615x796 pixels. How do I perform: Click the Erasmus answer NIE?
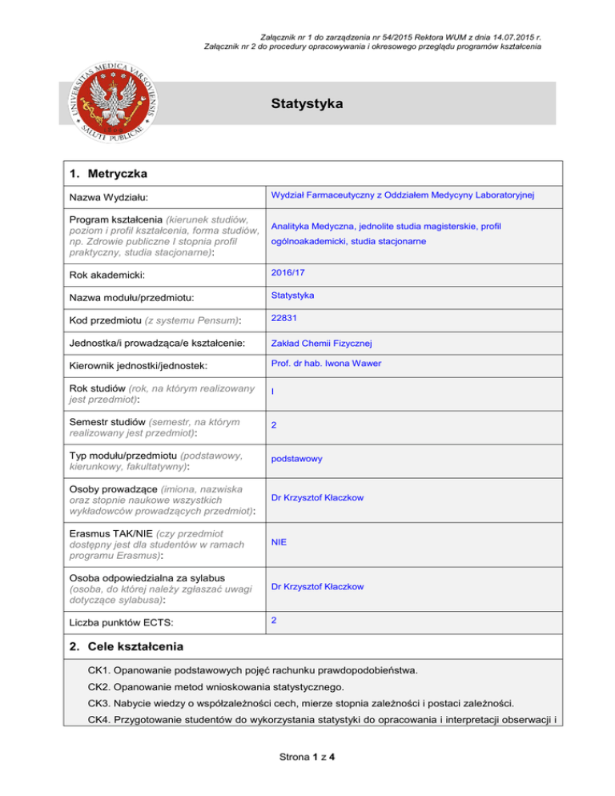(279, 542)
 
